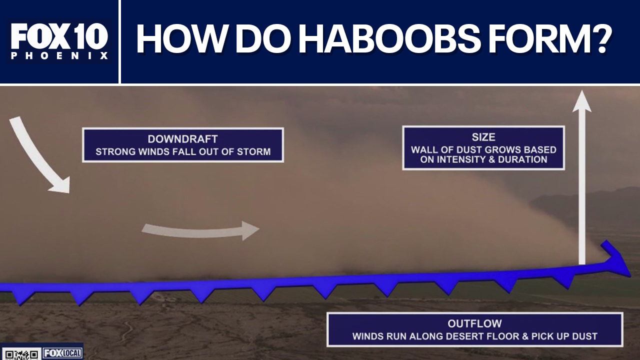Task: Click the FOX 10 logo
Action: [59, 36]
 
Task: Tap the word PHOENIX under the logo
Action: [59, 55]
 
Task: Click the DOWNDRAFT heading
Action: [182, 139]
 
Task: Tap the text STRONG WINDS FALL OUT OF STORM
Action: [182, 151]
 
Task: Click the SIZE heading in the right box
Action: [483, 137]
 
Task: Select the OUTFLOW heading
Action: [474, 323]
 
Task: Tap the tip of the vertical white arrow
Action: [581, 95]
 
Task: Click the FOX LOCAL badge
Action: [62, 353]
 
